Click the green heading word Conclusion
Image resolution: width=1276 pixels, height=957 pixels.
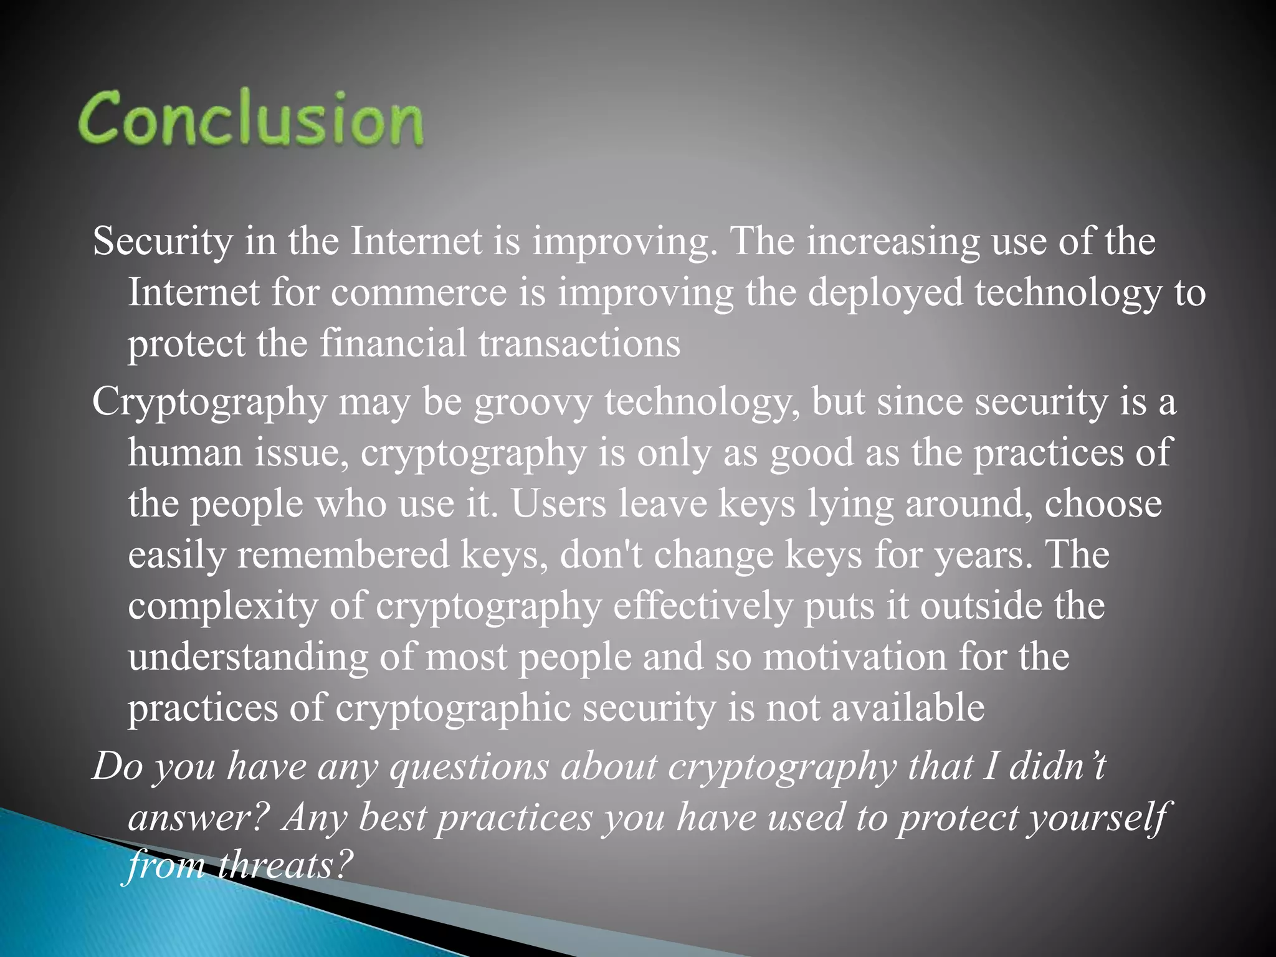(x=250, y=118)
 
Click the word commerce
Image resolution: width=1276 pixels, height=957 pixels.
(x=419, y=293)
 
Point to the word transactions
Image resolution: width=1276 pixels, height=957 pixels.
(x=579, y=344)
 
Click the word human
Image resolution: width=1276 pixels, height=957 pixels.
(x=185, y=452)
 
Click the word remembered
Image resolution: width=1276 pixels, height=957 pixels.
(x=343, y=555)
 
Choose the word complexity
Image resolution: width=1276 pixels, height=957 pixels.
(x=222, y=607)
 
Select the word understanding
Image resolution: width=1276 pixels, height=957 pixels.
(x=248, y=658)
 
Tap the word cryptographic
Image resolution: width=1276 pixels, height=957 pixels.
(x=453, y=709)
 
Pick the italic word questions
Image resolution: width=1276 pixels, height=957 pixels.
(x=469, y=766)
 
